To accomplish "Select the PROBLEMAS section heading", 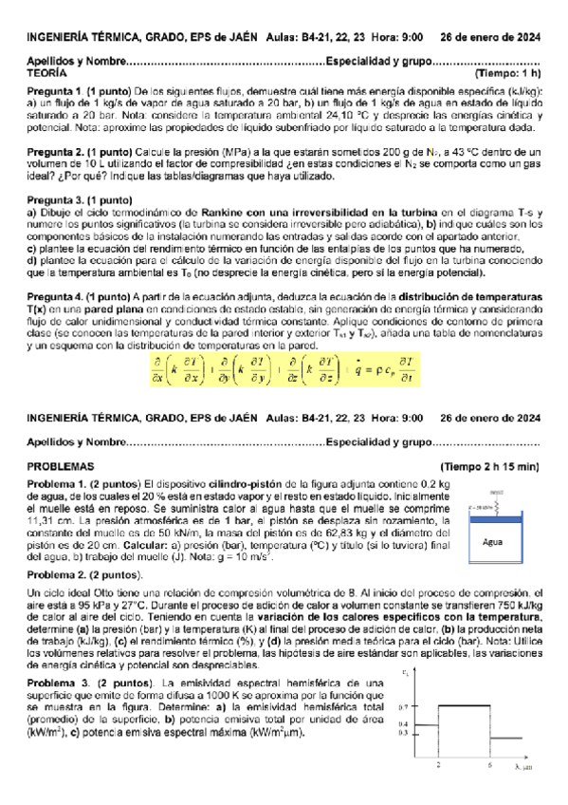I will [61, 466].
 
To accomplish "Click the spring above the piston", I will [498, 506].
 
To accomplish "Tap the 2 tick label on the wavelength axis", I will [437, 764].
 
